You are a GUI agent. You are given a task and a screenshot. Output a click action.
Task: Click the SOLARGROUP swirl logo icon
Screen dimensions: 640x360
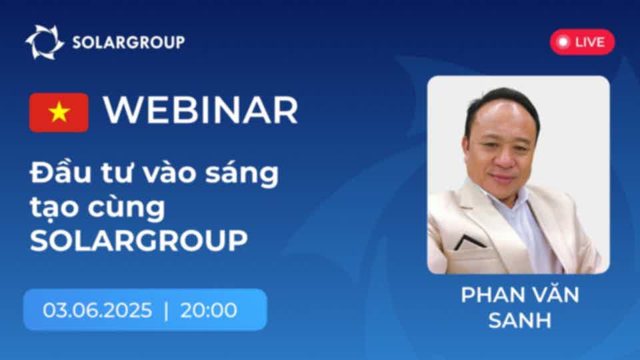[45, 42]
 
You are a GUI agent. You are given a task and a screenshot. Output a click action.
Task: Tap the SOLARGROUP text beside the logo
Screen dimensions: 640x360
[129, 43]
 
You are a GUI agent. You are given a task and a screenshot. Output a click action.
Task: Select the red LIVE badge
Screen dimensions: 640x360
[582, 41]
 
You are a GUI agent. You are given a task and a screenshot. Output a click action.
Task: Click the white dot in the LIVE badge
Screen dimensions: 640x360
[564, 41]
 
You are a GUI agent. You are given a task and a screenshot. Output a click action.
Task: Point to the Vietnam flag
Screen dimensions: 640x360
[59, 112]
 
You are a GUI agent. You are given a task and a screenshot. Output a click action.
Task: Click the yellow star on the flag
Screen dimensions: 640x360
[59, 112]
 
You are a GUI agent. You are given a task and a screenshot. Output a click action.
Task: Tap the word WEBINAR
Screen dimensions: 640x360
[201, 110]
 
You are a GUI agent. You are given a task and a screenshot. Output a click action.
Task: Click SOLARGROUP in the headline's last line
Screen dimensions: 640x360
[139, 241]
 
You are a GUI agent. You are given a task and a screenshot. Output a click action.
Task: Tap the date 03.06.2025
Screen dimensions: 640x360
[97, 310]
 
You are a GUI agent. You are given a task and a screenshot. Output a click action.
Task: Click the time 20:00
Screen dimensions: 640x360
[209, 310]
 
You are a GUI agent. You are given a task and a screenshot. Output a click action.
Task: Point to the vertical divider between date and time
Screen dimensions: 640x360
[166, 311]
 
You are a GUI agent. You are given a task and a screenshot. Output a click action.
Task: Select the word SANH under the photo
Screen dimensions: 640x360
[520, 321]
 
